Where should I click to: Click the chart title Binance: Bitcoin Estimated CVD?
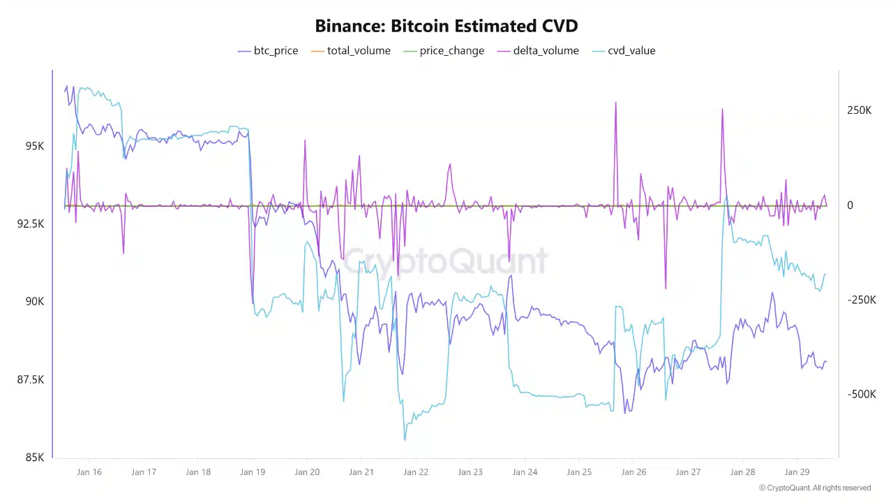click(x=446, y=27)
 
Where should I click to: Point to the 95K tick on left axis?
click(x=35, y=146)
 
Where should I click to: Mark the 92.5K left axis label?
click(x=31, y=224)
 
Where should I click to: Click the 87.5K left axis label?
click(x=31, y=379)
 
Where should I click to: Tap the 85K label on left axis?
click(x=35, y=458)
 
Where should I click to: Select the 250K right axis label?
click(x=860, y=110)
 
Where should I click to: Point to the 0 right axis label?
click(x=850, y=205)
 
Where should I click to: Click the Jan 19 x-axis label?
click(x=253, y=472)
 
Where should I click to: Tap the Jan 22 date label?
click(x=416, y=472)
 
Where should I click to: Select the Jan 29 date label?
click(x=797, y=472)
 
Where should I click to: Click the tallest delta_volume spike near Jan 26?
click(x=615, y=103)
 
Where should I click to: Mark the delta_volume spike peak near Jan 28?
click(x=722, y=109)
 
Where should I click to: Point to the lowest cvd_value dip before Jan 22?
click(x=405, y=439)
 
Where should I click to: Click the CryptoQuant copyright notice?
click(x=815, y=488)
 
